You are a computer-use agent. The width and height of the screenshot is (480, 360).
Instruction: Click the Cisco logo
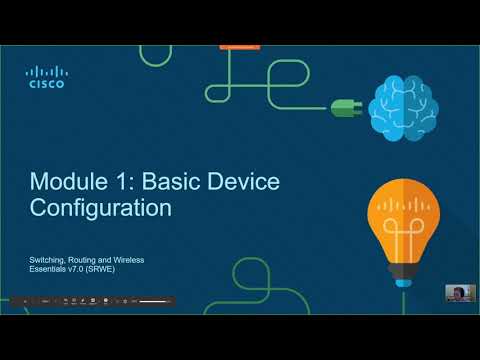click(45, 77)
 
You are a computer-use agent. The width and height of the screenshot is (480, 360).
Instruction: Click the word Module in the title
click(67, 182)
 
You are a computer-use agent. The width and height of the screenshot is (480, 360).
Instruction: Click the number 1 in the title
click(120, 182)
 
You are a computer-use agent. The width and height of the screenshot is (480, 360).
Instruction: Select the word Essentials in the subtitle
click(50, 269)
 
